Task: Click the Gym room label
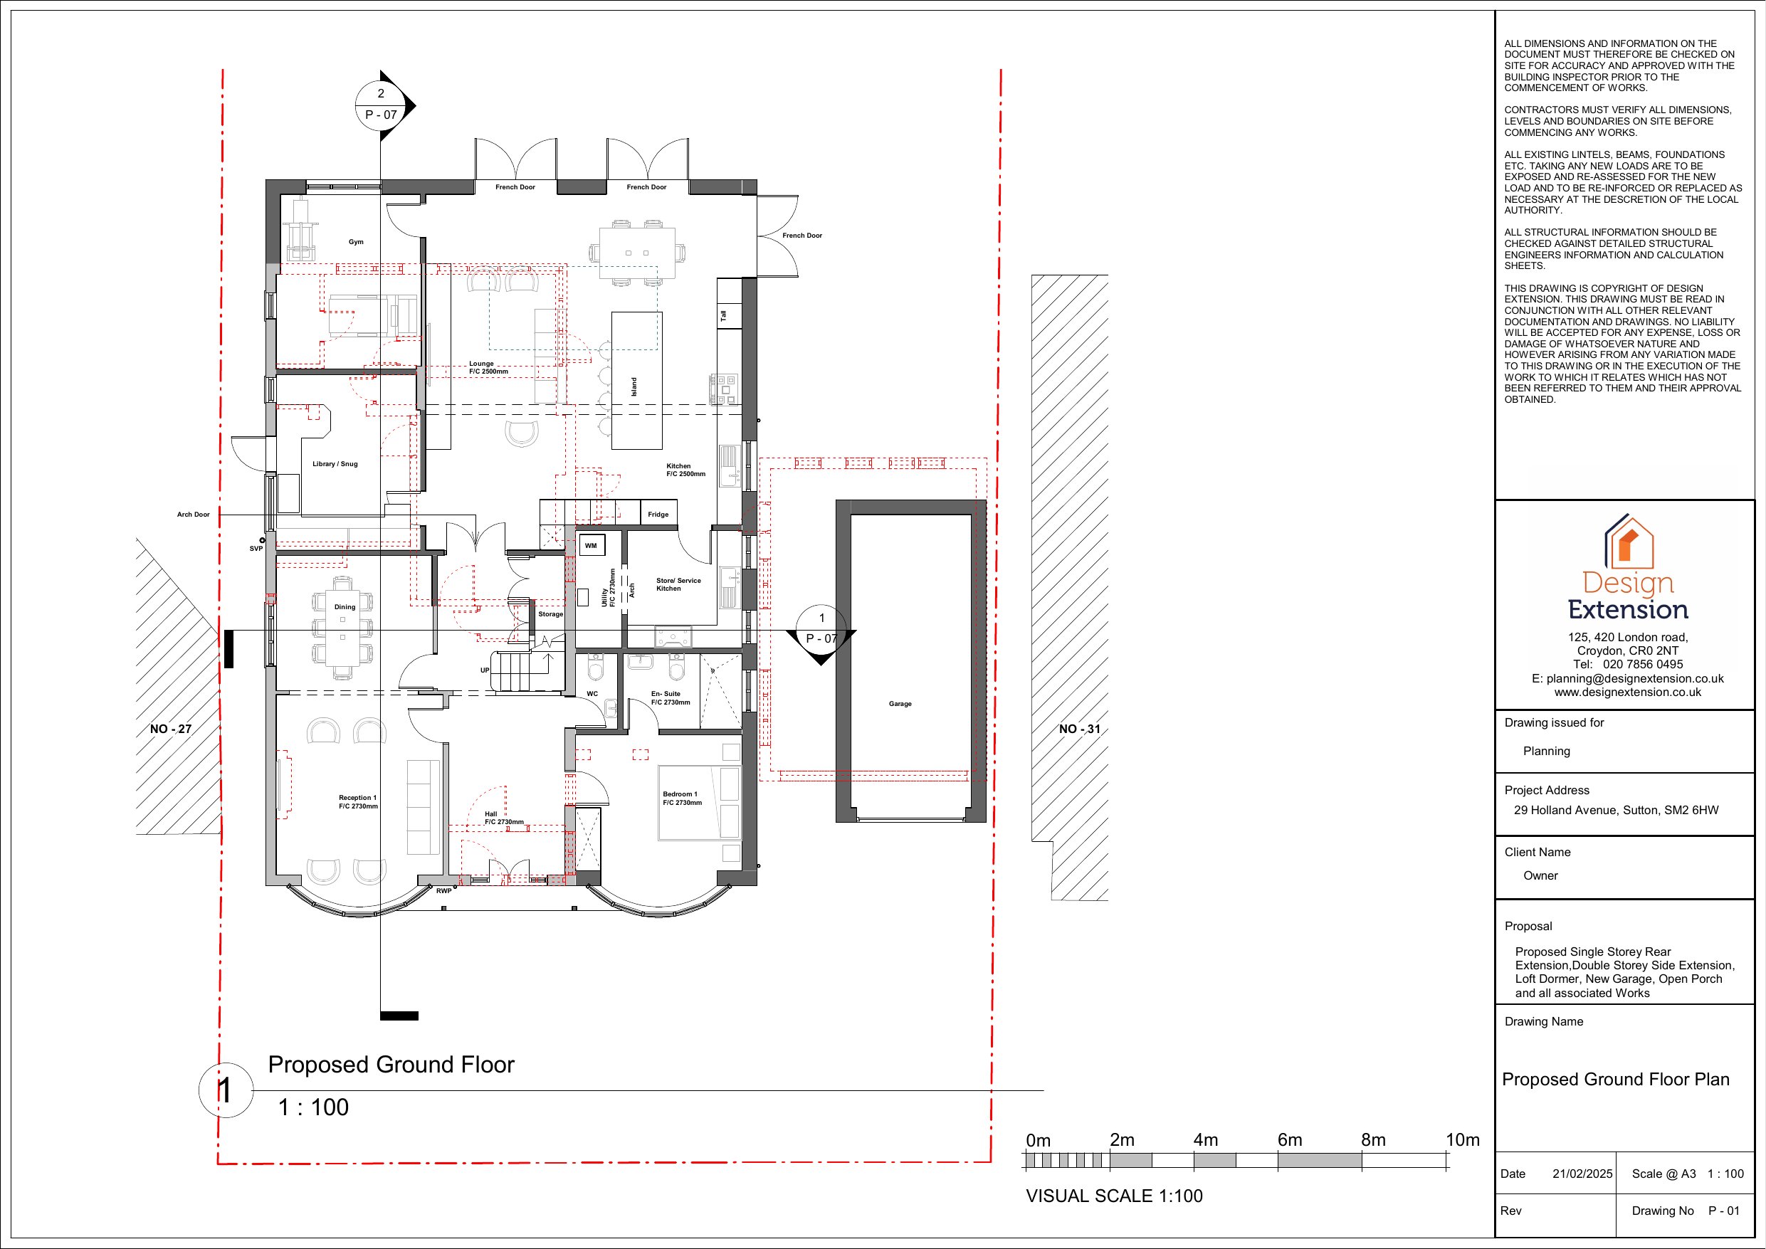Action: (x=355, y=242)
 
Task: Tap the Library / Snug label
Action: (x=335, y=465)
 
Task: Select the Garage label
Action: (x=900, y=704)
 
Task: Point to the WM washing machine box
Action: (x=591, y=546)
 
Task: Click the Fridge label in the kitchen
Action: (x=658, y=515)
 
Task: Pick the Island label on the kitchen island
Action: (x=634, y=387)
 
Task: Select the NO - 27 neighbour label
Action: (x=171, y=729)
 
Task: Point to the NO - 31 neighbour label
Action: (x=1079, y=729)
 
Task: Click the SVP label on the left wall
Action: (x=256, y=549)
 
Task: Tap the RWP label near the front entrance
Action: (x=443, y=890)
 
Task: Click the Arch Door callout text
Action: (x=193, y=515)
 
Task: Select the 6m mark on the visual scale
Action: (x=1290, y=1140)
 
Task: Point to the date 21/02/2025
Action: (x=1582, y=1174)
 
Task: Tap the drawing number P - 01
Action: (x=1724, y=1211)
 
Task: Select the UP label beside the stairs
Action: (x=485, y=670)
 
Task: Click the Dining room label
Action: (x=345, y=607)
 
